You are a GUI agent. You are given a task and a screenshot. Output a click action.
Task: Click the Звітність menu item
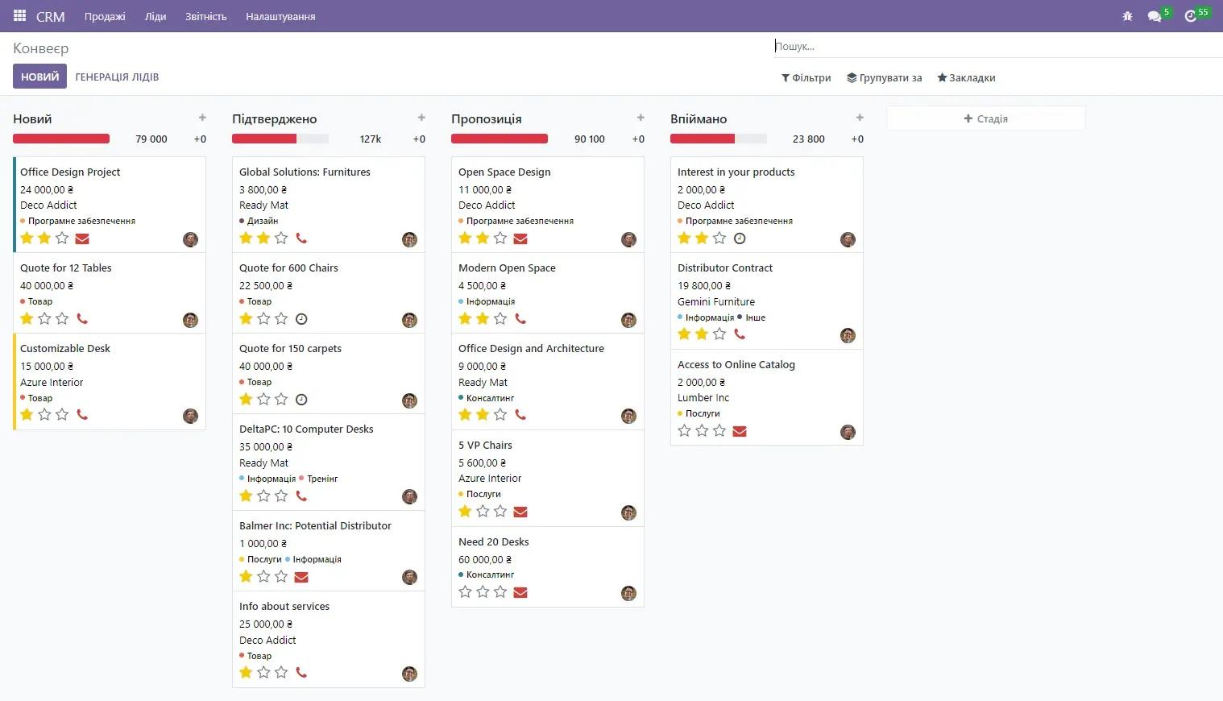(x=205, y=16)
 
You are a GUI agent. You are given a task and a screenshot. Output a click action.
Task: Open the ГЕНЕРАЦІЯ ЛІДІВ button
(x=117, y=77)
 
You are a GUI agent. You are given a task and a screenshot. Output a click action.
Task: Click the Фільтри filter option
(x=806, y=78)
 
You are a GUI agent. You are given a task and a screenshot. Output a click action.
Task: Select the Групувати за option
(x=884, y=78)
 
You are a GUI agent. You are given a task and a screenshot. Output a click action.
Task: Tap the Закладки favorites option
(x=966, y=78)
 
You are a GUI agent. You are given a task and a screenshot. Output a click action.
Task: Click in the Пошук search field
(x=991, y=47)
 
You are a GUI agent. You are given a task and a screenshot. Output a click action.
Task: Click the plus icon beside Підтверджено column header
(x=421, y=118)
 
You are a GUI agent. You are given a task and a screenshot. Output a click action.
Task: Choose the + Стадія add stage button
(x=985, y=118)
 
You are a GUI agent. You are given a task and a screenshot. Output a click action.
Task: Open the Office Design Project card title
(x=70, y=172)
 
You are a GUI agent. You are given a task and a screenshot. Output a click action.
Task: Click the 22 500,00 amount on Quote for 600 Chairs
(x=266, y=286)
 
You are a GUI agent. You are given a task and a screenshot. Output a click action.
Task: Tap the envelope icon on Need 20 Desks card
(x=520, y=592)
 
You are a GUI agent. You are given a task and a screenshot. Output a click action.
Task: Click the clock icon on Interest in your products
(x=740, y=239)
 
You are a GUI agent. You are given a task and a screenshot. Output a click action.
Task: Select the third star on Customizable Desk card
(x=62, y=415)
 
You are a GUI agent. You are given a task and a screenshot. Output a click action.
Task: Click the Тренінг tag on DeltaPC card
(x=321, y=479)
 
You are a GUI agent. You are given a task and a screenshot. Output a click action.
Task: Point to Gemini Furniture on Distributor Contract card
(x=716, y=302)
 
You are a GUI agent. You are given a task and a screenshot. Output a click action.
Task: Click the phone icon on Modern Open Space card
(x=520, y=319)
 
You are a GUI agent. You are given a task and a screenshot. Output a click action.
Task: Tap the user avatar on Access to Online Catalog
(x=848, y=433)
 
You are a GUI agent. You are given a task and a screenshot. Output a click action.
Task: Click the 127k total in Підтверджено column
(x=371, y=139)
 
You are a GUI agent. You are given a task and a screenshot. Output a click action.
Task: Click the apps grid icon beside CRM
(x=19, y=16)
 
